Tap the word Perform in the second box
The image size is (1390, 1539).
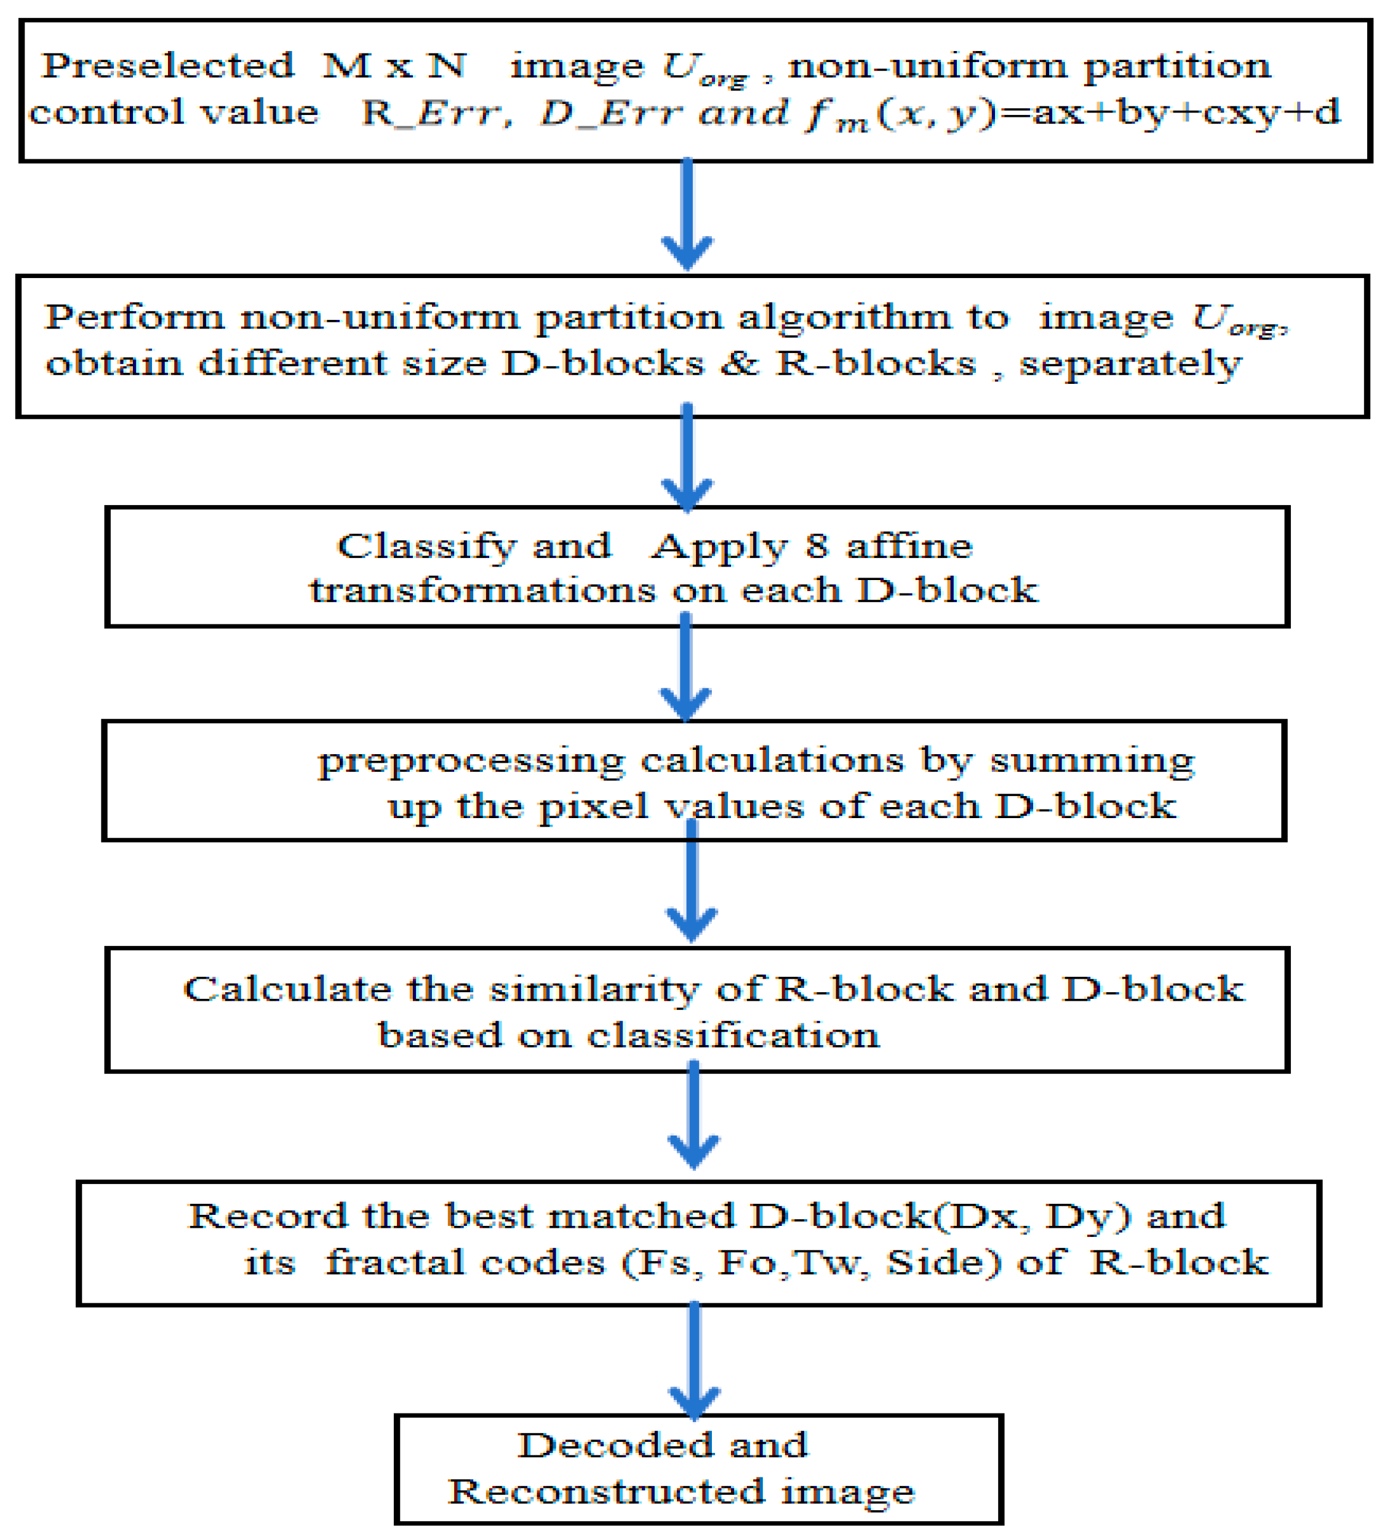coord(133,317)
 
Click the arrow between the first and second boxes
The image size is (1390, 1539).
coord(687,215)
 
